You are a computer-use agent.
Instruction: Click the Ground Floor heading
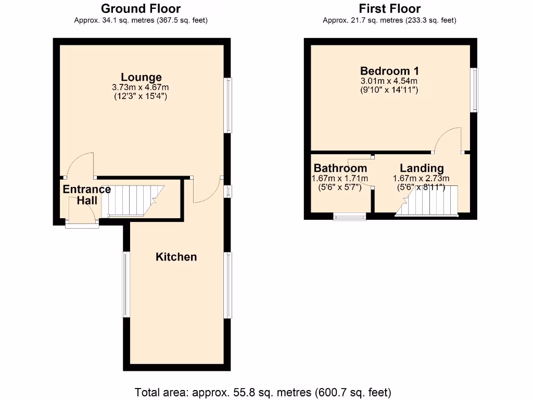coord(141,9)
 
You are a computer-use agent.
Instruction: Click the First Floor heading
coord(389,9)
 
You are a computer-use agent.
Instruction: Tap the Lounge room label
coord(141,77)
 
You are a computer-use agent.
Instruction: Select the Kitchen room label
coord(176,257)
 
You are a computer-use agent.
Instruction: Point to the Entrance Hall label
coord(86,194)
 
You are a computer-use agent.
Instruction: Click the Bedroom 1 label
coord(389,71)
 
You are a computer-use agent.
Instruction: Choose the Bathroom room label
coord(340,168)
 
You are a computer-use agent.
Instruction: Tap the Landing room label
coord(422,168)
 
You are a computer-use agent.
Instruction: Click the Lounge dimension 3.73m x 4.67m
coord(141,87)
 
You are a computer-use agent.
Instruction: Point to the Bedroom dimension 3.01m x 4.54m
coord(389,81)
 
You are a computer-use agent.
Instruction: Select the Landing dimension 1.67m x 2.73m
coord(421,178)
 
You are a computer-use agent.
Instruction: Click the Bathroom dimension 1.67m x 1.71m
coord(340,178)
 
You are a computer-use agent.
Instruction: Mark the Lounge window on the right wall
coord(228,105)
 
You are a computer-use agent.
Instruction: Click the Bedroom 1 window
coord(474,90)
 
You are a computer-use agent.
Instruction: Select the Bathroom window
coord(349,216)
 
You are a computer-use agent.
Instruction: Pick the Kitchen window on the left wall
coord(125,284)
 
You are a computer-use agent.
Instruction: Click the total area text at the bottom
coord(263,392)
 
